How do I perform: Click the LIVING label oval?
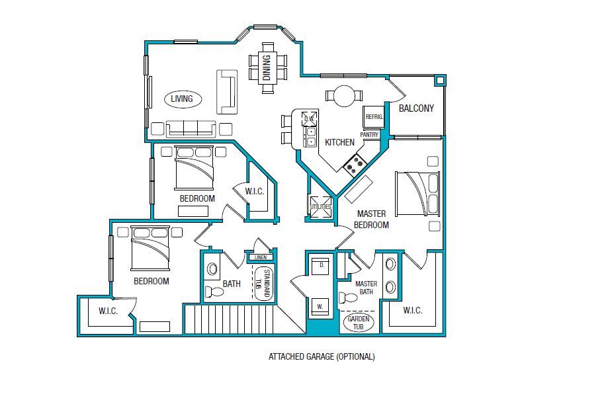click(x=182, y=99)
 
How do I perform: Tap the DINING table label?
click(x=267, y=67)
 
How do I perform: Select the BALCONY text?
click(x=416, y=108)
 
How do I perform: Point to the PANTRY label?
click(x=369, y=135)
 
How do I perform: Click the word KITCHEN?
click(x=339, y=142)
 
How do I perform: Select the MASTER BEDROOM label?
click(x=372, y=219)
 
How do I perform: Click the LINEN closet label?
click(x=260, y=257)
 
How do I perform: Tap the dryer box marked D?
click(x=322, y=266)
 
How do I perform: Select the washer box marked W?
click(x=322, y=306)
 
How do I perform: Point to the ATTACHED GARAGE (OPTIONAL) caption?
click(x=322, y=356)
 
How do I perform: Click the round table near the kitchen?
click(x=344, y=96)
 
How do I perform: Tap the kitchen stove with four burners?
click(x=355, y=163)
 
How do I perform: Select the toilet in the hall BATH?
click(x=214, y=291)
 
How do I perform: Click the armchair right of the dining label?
click(x=283, y=67)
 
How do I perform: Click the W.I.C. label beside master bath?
click(x=412, y=311)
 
